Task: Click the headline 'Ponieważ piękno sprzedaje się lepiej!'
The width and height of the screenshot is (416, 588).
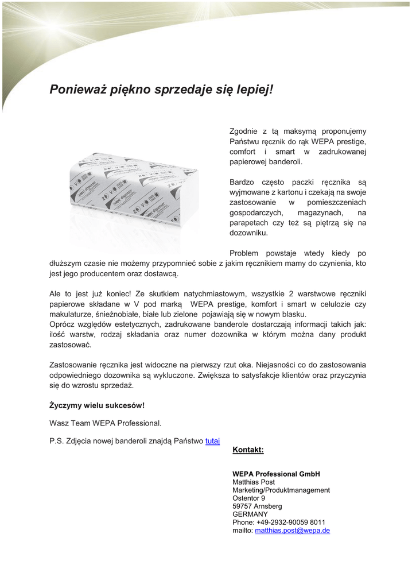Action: [161, 90]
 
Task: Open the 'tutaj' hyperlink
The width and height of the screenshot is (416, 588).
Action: [212, 441]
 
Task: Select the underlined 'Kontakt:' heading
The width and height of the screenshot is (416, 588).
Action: [248, 450]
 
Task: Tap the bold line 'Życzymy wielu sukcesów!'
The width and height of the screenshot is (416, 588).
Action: [97, 405]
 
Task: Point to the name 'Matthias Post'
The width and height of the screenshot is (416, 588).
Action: [254, 482]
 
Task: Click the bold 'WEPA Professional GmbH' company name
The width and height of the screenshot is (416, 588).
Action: [276, 474]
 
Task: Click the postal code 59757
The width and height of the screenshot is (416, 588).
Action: [243, 506]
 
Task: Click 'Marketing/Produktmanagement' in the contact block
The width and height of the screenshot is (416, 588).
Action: [281, 490]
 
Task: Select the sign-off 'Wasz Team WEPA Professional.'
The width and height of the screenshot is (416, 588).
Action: [106, 423]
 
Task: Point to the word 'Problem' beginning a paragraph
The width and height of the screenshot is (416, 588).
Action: [244, 253]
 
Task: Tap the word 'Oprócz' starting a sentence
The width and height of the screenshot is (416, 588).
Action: [63, 324]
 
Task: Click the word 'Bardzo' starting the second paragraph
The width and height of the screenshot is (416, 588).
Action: [242, 182]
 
